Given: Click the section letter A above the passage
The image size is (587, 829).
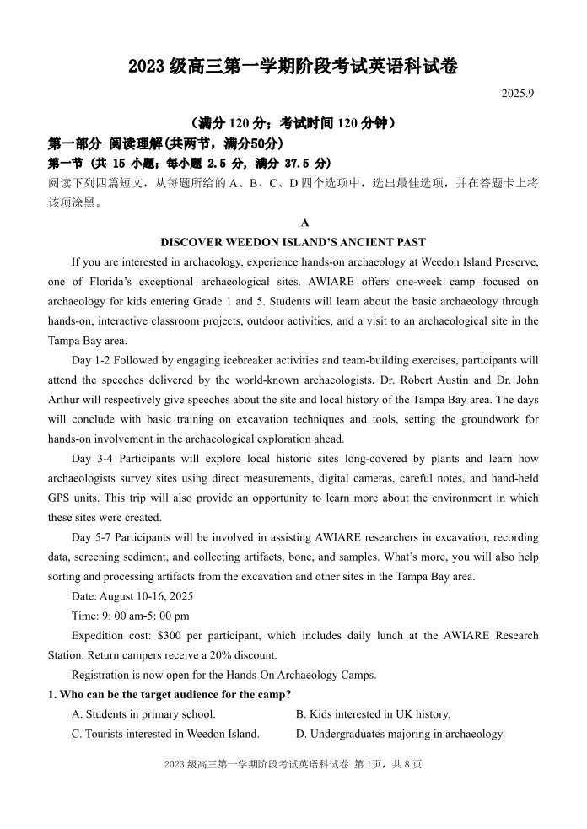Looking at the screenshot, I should (x=304, y=223).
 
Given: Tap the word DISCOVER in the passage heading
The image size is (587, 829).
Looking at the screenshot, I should (x=193, y=242).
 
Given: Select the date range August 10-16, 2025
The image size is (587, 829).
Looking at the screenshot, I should (x=147, y=596).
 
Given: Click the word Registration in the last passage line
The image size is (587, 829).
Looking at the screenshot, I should (x=105, y=675).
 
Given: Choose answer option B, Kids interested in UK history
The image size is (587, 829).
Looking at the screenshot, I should (x=374, y=714).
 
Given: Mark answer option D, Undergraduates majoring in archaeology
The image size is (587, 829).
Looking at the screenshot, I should (x=401, y=734).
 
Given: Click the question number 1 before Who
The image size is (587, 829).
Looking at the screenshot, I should (x=51, y=694).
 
